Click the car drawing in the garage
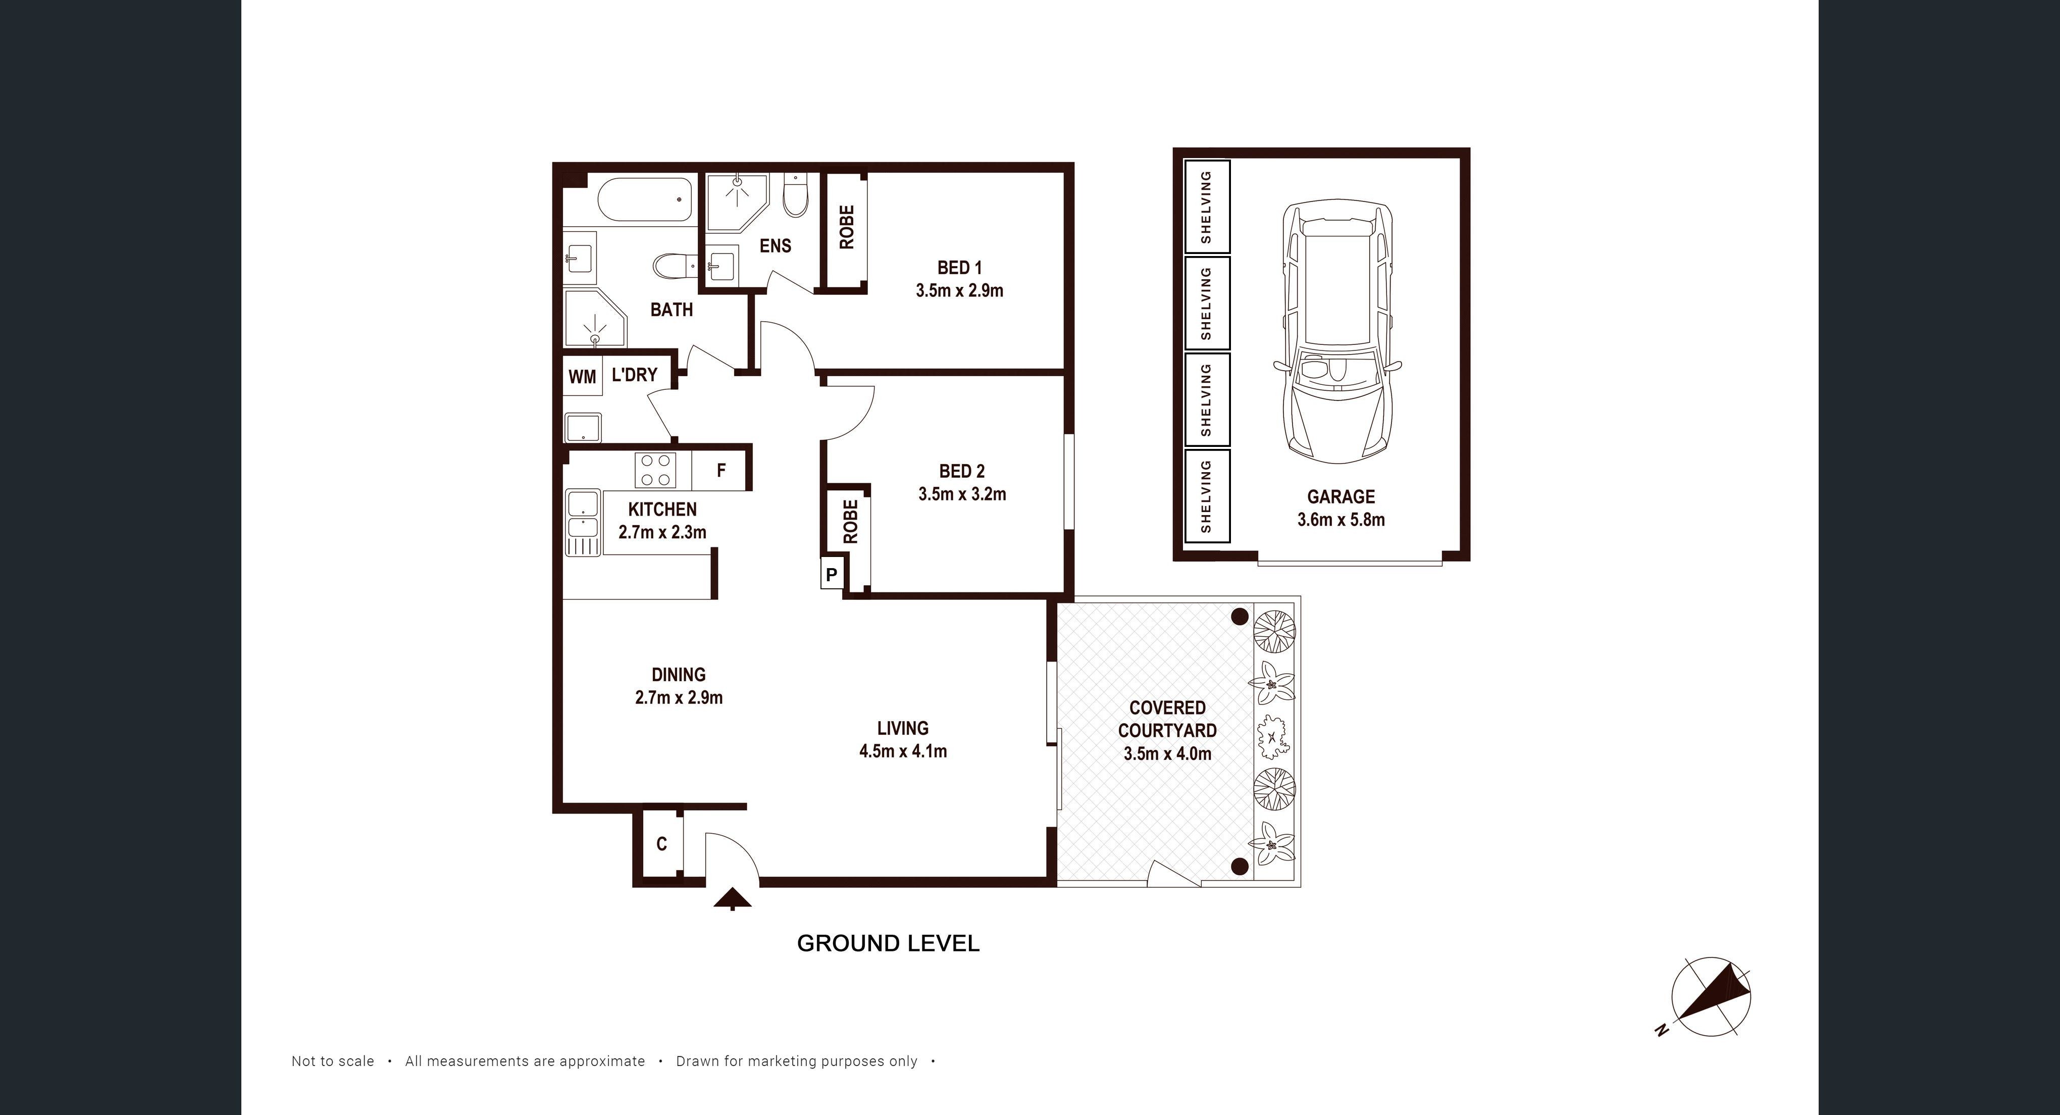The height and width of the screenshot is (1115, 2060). click(1337, 332)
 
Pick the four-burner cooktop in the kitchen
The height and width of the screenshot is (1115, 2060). click(655, 470)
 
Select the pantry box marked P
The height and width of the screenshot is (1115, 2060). click(832, 574)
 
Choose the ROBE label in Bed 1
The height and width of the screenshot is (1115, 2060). click(847, 227)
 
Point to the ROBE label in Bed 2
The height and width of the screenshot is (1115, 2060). click(850, 522)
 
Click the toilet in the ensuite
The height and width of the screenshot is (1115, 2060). click(796, 196)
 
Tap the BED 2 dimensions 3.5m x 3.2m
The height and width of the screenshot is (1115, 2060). click(962, 494)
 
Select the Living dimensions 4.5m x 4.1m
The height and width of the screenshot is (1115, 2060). click(903, 751)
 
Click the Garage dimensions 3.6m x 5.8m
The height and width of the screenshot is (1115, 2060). click(1341, 520)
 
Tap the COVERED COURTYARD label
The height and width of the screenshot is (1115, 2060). click(1167, 719)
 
